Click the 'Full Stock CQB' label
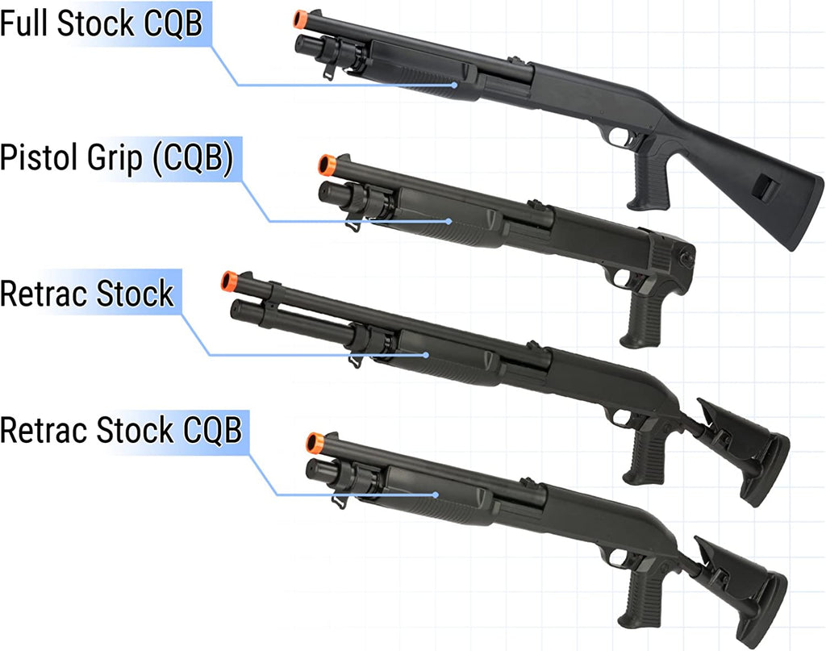[101, 23]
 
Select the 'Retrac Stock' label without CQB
[87, 293]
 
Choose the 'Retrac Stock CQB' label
[121, 429]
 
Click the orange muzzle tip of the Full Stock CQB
[300, 19]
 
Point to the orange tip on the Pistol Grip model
[327, 165]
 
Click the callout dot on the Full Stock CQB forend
[455, 85]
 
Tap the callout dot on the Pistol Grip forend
[448, 222]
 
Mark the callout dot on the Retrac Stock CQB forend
[436, 495]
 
